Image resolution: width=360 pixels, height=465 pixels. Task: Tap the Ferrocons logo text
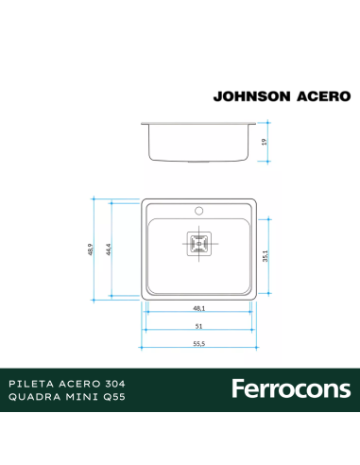[290, 388]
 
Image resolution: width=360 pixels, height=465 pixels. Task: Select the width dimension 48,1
[200, 307]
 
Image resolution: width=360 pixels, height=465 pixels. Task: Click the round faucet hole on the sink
[200, 210]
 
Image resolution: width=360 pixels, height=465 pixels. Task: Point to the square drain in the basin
[199, 244]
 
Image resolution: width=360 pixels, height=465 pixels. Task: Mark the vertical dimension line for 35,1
[269, 256]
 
